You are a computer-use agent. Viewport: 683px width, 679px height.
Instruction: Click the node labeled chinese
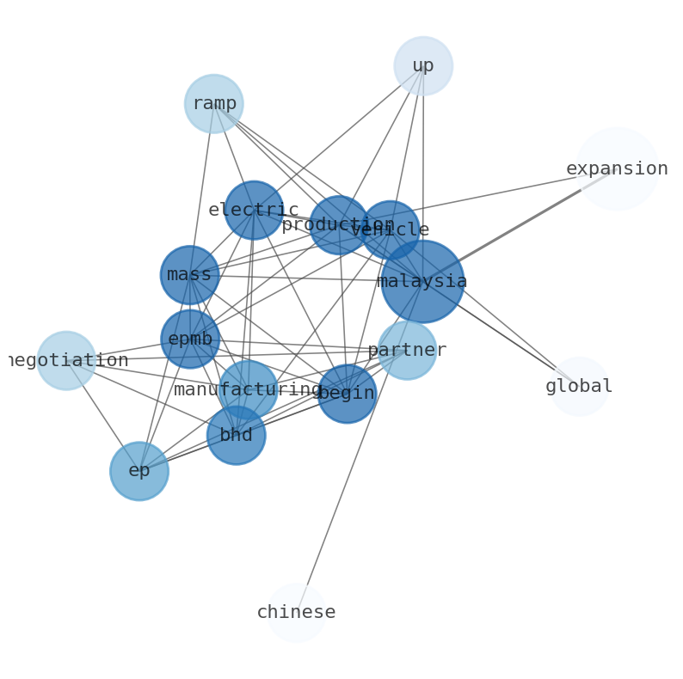coord(296,613)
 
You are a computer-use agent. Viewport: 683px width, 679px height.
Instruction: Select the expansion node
coord(617,169)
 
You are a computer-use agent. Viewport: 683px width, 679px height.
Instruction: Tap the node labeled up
coord(423,66)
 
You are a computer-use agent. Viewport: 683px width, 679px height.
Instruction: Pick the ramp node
coord(213,104)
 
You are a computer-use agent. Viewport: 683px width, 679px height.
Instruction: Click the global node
coord(579,387)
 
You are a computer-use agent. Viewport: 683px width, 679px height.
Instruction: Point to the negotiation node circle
coord(66,360)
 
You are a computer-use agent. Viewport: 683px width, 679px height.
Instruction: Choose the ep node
coord(139,471)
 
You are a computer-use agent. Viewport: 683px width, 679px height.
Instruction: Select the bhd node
coord(237,435)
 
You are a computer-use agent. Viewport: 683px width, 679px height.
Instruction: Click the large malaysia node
coord(422,281)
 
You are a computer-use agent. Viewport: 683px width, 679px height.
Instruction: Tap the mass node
coord(189,275)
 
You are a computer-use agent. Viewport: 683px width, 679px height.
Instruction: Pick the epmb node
coord(190,339)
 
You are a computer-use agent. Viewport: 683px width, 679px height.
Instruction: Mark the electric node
coord(254,211)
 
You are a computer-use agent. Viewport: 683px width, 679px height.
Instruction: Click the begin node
coord(347,394)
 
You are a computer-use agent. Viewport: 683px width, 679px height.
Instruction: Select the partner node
coord(407,351)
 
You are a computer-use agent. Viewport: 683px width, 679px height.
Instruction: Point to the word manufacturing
coord(248,390)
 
